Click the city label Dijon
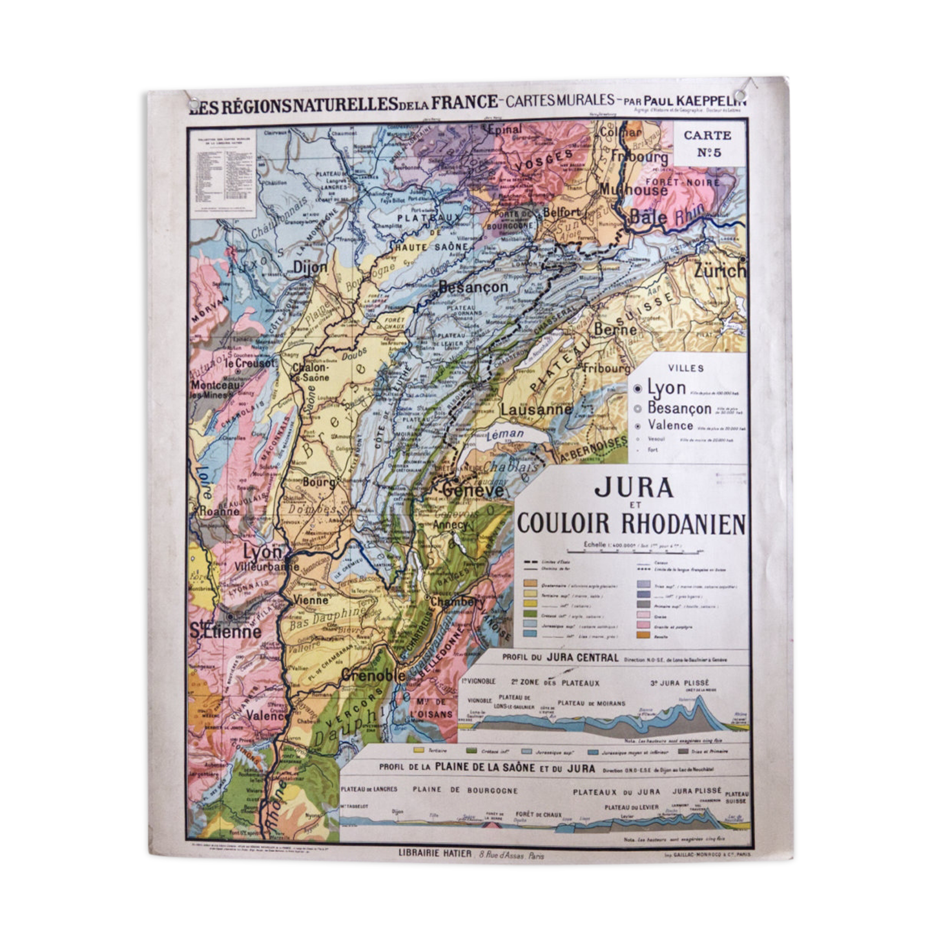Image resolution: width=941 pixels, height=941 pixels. (x=310, y=267)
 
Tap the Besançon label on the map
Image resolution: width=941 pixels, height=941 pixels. (x=473, y=287)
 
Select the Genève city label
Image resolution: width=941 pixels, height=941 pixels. (x=473, y=491)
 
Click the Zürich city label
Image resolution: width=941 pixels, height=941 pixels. (x=719, y=271)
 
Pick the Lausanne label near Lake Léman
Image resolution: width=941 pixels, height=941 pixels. (x=536, y=409)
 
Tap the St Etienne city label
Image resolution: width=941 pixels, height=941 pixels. (x=225, y=631)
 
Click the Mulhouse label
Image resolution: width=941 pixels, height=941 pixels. (x=633, y=189)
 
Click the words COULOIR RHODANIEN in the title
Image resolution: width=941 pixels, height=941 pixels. (x=631, y=524)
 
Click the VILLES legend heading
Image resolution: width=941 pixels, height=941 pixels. (x=686, y=368)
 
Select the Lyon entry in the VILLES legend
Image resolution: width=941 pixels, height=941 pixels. (x=666, y=388)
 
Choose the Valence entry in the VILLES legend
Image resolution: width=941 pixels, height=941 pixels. (x=670, y=425)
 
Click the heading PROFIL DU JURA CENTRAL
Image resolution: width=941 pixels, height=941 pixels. (x=560, y=658)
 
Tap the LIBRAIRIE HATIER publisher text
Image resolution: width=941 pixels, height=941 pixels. (x=435, y=853)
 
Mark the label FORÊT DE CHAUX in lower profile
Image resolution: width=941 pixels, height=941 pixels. (x=539, y=814)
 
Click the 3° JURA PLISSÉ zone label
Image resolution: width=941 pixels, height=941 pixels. (x=679, y=682)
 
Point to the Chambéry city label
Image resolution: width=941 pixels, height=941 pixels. (x=457, y=601)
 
